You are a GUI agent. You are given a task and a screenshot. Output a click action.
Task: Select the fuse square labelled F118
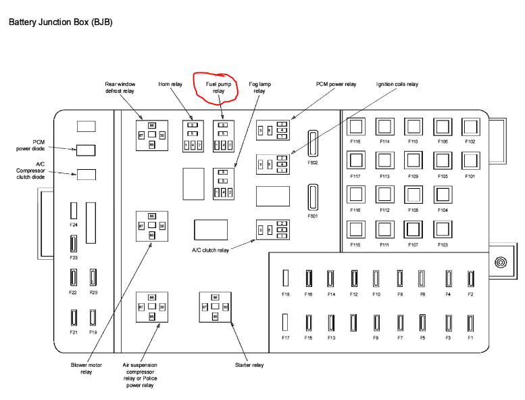pyautogui.click(x=355, y=127)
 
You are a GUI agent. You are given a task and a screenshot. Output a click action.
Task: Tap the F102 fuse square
pyautogui.click(x=470, y=127)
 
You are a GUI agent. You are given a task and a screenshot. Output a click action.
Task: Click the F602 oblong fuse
pyautogui.click(x=312, y=144)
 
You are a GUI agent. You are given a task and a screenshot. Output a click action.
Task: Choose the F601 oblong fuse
pyautogui.click(x=312, y=198)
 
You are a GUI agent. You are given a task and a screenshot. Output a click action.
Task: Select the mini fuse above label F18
pyautogui.click(x=286, y=278)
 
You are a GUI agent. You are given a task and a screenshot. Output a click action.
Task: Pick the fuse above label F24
pyautogui.click(x=74, y=210)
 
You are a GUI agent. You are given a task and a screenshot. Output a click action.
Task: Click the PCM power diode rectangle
pyautogui.click(x=86, y=150)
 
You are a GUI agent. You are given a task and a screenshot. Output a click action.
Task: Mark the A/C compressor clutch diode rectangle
pyautogui.click(x=86, y=174)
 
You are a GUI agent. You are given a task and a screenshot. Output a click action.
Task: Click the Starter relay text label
pyautogui.click(x=250, y=365)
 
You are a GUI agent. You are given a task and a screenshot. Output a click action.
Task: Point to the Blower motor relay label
pyautogui.click(x=85, y=368)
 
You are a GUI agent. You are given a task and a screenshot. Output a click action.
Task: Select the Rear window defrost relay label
pyautogui.click(x=120, y=87)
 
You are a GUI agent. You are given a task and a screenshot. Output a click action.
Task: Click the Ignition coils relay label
pyautogui.click(x=397, y=84)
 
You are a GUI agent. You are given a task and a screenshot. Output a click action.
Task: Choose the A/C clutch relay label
pyautogui.click(x=211, y=250)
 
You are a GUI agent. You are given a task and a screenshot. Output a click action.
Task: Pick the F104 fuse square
pyautogui.click(x=442, y=195)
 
